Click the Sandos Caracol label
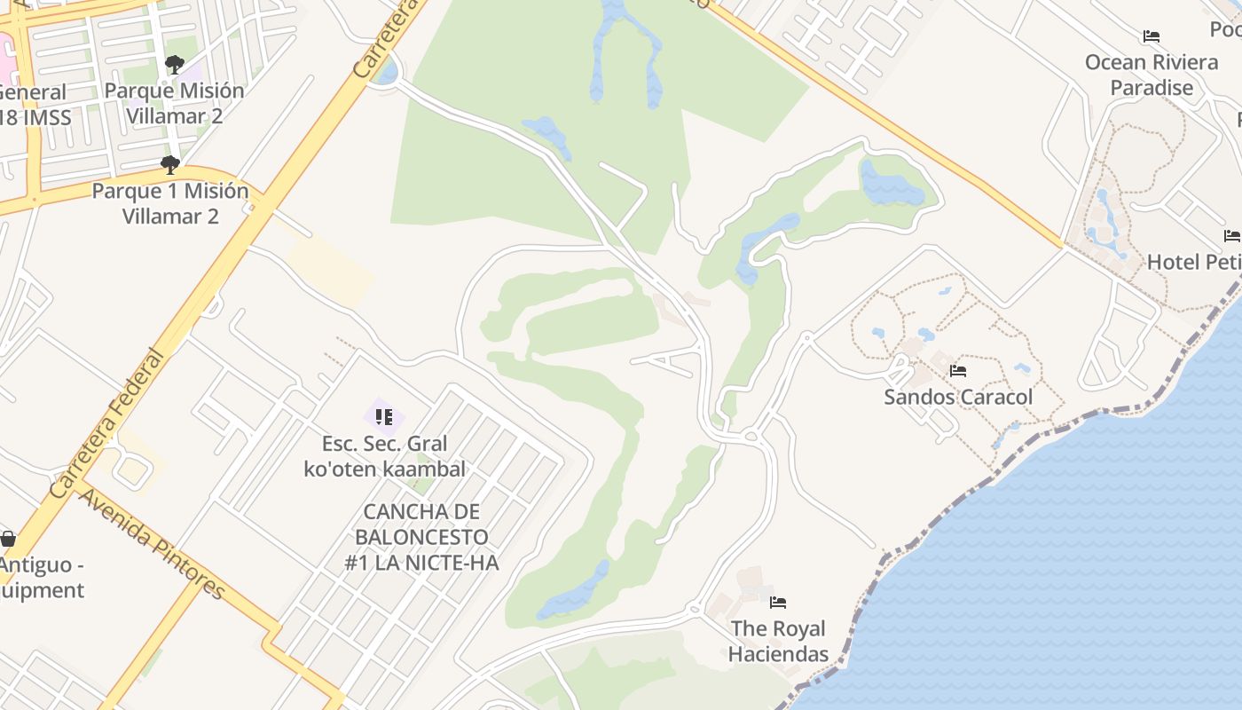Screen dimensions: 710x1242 [x=958, y=397]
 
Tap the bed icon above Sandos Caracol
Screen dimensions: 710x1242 [x=958, y=371]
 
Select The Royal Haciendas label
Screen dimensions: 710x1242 [x=779, y=642]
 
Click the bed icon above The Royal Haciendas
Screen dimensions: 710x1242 [x=778, y=603]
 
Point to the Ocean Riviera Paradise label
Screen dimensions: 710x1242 [x=1152, y=75]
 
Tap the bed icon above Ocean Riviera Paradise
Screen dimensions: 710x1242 [x=1152, y=36]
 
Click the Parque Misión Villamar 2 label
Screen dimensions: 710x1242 [x=174, y=103]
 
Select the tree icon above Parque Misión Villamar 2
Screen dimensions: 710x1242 [x=174, y=65]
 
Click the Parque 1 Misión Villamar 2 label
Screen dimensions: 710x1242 [x=170, y=203]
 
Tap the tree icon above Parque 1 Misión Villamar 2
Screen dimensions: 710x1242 [x=170, y=165]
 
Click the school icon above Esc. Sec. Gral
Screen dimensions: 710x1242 [x=384, y=415]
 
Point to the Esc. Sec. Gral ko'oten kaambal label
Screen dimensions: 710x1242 [x=384, y=456]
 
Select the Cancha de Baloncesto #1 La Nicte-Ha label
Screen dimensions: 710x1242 [x=421, y=537]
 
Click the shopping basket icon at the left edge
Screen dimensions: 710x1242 [x=8, y=539]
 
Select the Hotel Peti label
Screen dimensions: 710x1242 [x=1193, y=262]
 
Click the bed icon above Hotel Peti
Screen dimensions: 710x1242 [x=1232, y=235]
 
